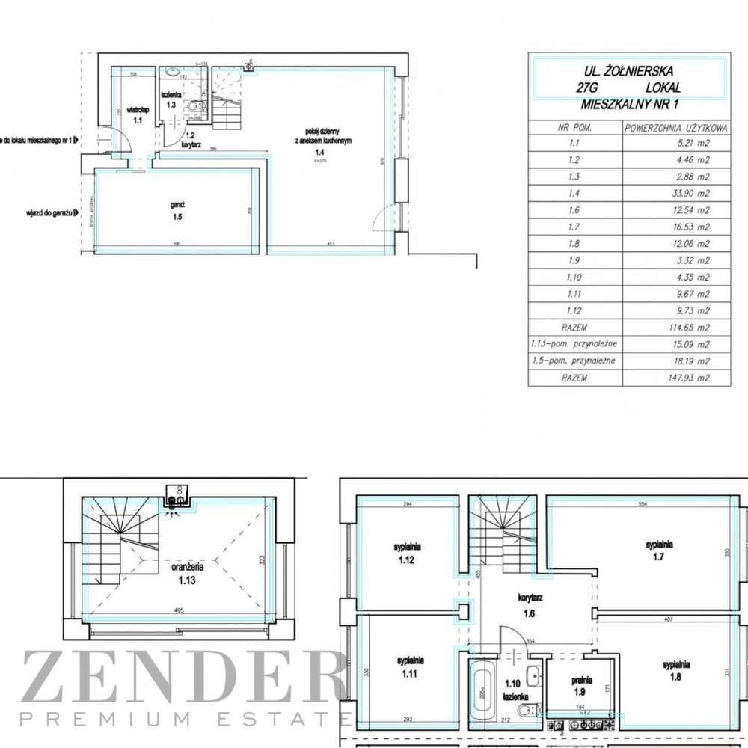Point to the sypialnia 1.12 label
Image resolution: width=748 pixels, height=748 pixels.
[x=408, y=552]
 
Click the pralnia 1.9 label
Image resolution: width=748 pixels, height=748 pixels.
[x=583, y=685]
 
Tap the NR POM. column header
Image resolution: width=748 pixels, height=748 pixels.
[x=575, y=127]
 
